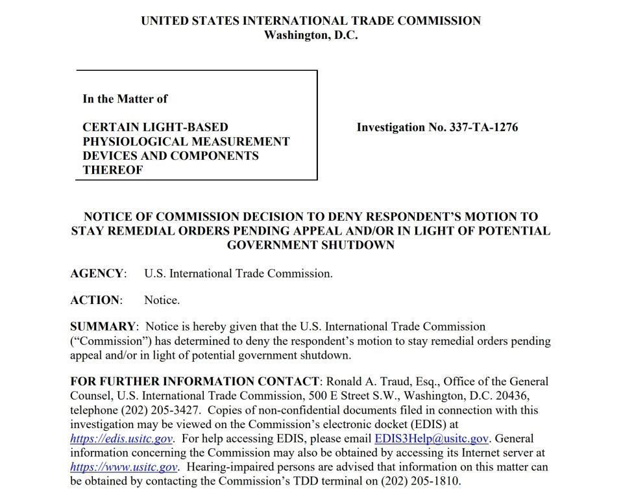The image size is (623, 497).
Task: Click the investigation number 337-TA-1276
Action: pos(483,127)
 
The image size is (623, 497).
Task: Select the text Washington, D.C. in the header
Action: pos(311,35)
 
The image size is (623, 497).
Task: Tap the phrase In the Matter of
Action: pos(125,99)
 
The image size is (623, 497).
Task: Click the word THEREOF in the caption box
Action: pos(113,170)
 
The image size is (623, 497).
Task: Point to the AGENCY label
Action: pos(97,274)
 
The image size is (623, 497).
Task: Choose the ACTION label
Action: pos(95,300)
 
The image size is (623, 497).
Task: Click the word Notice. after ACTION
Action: pos(162,300)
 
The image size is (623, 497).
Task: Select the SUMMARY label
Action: pos(103,326)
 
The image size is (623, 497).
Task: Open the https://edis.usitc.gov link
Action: pos(121,439)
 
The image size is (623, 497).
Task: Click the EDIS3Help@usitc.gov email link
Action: pos(432,439)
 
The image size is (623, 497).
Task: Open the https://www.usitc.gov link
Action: pos(124,467)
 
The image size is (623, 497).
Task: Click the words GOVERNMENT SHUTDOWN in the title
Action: pos(311,245)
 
